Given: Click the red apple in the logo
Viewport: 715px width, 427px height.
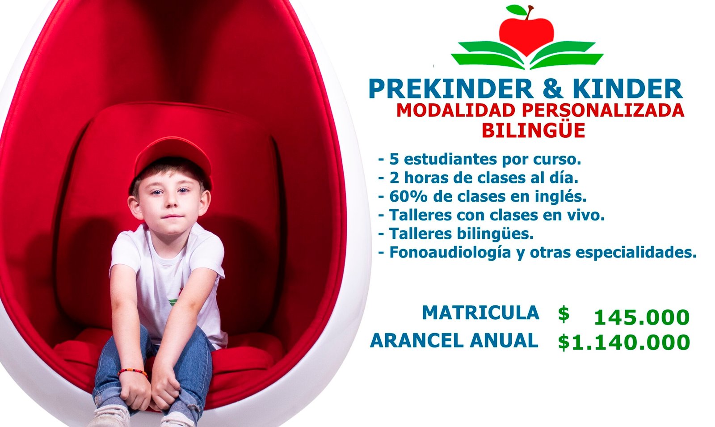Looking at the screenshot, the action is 526,35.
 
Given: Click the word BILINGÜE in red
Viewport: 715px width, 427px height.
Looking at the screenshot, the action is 534,130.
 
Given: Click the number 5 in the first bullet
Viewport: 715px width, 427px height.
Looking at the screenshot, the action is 394,159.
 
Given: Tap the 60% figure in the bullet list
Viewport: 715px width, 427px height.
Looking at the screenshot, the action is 408,197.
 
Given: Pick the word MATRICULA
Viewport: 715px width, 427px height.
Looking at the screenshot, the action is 481,313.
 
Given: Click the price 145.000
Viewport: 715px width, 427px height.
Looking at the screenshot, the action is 642,317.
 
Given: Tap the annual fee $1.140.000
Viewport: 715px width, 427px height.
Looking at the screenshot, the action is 624,342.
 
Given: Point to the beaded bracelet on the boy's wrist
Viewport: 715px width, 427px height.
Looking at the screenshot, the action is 132,372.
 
